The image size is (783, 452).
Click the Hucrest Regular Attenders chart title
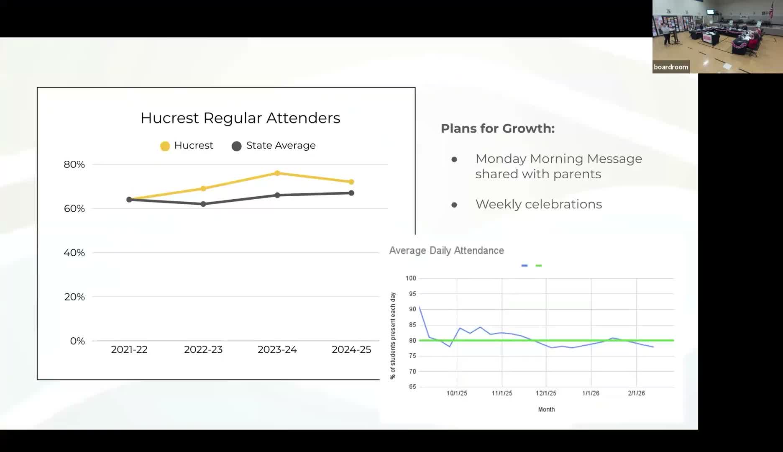tap(240, 118)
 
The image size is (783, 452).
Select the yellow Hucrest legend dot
tap(165, 146)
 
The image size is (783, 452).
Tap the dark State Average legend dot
tap(236, 146)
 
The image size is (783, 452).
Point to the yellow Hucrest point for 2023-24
tap(277, 173)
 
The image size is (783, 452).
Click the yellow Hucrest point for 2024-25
tap(351, 182)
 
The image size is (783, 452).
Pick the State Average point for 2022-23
tap(203, 204)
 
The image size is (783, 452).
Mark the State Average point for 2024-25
tap(351, 193)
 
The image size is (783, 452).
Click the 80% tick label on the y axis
tap(74, 164)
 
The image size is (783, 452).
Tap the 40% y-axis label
tap(74, 253)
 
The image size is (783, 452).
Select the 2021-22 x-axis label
tap(129, 349)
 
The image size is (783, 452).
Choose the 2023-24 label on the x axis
tap(277, 349)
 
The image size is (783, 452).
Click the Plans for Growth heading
tap(497, 128)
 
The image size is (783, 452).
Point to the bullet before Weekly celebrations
tap(454, 205)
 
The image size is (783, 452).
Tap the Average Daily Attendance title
tap(446, 251)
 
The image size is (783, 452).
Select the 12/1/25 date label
tap(546, 393)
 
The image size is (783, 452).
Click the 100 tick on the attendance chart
tap(411, 278)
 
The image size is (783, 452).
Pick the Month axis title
tap(546, 409)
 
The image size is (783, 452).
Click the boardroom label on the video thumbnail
tap(671, 67)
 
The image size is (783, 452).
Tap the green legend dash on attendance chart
tap(539, 265)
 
